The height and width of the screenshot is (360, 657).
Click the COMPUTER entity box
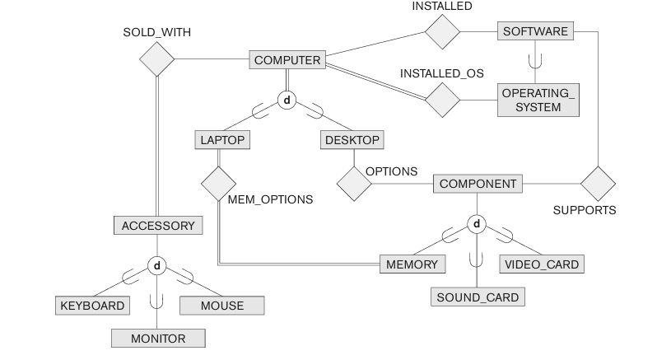[x=287, y=60]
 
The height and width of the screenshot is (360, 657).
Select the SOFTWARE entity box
[x=534, y=31]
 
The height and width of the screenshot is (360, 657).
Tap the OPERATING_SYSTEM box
[x=538, y=100]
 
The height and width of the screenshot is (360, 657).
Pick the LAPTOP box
[x=222, y=140]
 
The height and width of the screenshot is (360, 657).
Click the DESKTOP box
[x=352, y=140]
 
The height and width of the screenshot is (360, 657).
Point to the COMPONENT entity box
[x=478, y=184]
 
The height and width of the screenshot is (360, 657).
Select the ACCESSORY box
[x=158, y=225]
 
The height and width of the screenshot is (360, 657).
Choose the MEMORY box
[x=412, y=264]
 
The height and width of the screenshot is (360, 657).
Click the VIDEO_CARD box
[x=543, y=264]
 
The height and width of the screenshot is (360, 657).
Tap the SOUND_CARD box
[x=478, y=297]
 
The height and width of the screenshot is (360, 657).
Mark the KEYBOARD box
[x=92, y=306]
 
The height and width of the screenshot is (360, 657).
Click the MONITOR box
[x=158, y=338]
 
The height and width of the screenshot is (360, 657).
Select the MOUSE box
[x=222, y=306]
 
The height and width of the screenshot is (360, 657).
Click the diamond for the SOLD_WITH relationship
[x=156, y=59]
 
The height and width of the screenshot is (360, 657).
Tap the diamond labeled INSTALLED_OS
[x=442, y=100]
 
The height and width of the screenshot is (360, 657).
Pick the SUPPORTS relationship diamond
[x=598, y=183]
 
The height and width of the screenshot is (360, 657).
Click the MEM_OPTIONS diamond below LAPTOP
[x=219, y=182]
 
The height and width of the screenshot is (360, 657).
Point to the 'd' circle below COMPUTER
[x=287, y=100]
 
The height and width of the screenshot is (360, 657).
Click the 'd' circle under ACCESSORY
[x=157, y=265]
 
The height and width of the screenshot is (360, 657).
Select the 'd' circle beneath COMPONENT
[x=477, y=224]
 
